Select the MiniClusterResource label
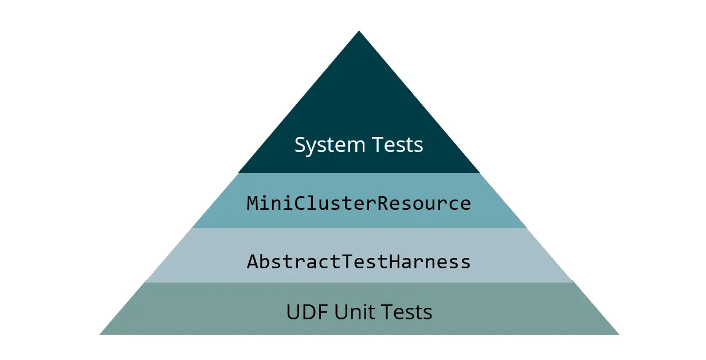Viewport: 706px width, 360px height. [x=359, y=204]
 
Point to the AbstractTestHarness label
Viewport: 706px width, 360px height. [x=359, y=262]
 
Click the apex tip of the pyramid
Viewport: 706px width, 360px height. [x=359, y=32]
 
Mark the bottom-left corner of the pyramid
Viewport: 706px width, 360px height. [x=101, y=334]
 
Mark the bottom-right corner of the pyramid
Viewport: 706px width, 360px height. [x=618, y=334]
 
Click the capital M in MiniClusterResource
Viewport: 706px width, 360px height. [x=252, y=204]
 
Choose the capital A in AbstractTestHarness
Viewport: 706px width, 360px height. [x=252, y=262]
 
